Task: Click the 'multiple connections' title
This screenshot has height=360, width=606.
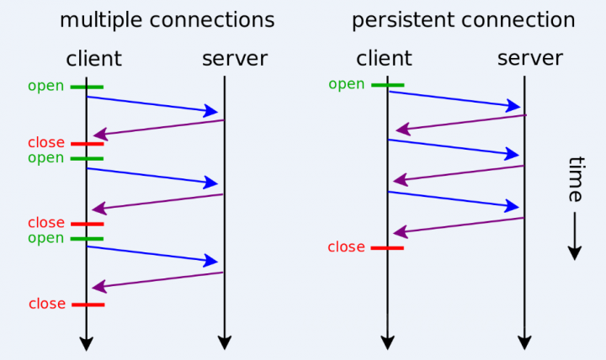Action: [x=167, y=20]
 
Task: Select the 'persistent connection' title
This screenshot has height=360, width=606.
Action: [x=463, y=20]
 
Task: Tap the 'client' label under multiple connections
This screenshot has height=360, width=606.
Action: [x=93, y=58]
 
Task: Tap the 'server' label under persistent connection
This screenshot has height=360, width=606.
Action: [x=529, y=58]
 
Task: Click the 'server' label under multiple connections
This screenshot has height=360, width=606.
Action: [x=234, y=58]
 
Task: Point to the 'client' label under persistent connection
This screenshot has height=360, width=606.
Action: [x=384, y=58]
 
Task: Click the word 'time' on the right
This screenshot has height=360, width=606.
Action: [x=575, y=178]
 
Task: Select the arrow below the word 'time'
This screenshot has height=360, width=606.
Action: [x=575, y=236]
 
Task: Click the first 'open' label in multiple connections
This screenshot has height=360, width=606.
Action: [x=45, y=86]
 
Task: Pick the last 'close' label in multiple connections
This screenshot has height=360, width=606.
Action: [x=47, y=304]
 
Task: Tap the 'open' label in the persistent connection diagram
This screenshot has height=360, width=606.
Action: [x=346, y=84]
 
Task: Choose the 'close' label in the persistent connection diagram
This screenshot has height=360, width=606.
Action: [x=346, y=247]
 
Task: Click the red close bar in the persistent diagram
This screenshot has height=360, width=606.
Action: [x=387, y=247]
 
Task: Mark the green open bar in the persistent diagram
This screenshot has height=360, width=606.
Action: [x=387, y=84]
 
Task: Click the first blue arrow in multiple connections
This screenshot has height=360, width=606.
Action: [x=151, y=104]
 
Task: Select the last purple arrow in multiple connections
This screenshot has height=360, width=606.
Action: [x=157, y=280]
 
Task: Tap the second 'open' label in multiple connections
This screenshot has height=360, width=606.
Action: [x=45, y=158]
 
